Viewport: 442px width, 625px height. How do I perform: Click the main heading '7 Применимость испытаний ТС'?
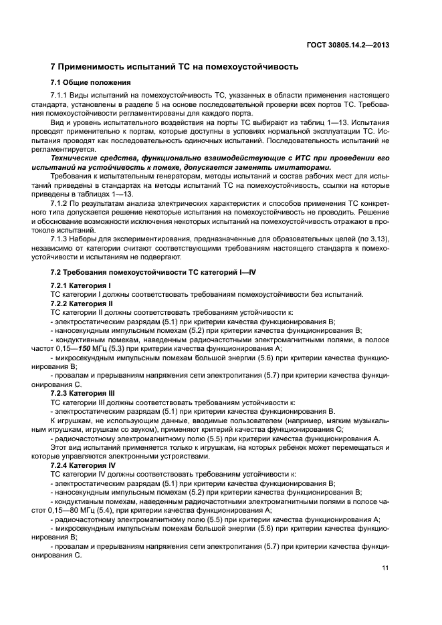tap(175, 67)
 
